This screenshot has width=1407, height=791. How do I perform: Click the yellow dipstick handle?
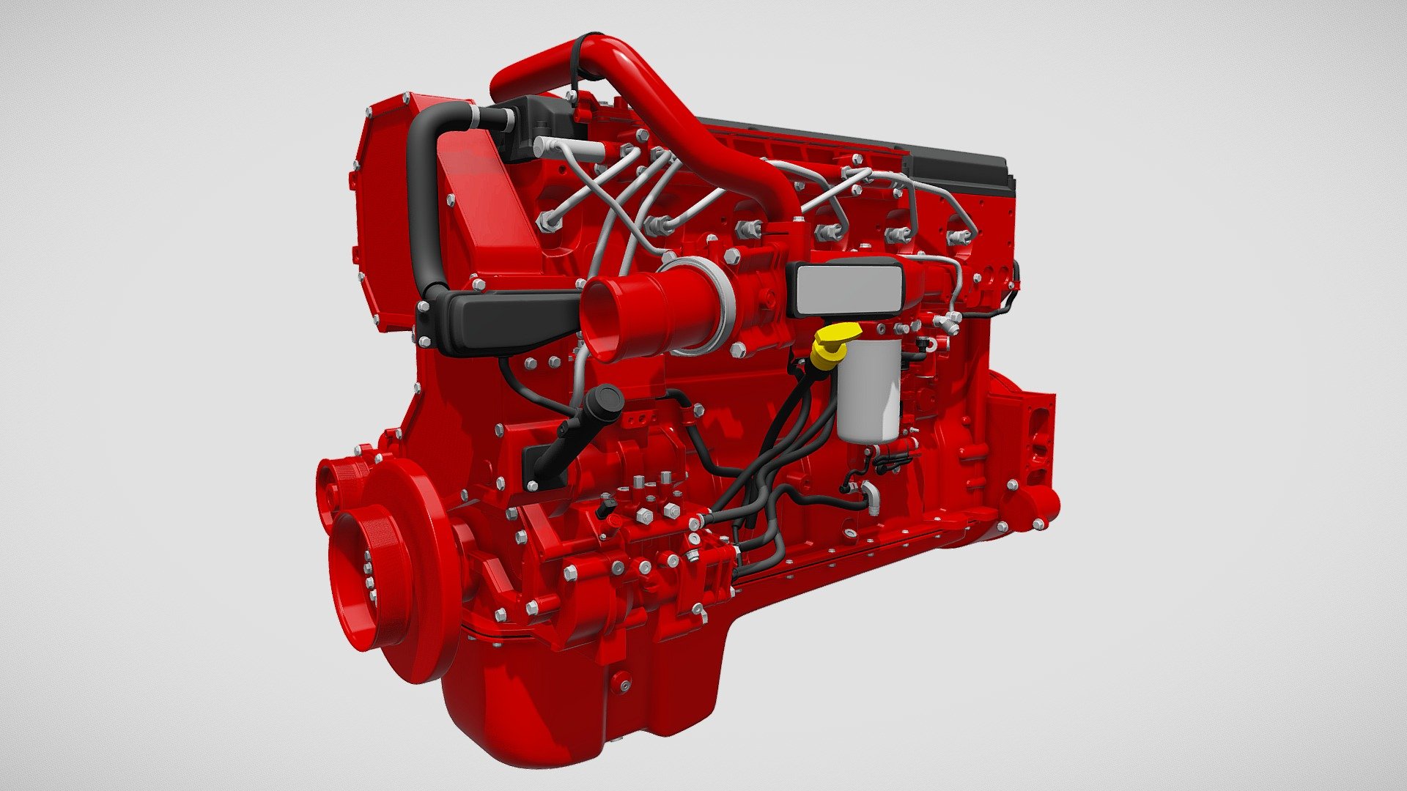(x=833, y=340)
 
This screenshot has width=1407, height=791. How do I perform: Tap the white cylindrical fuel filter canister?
(x=868, y=392)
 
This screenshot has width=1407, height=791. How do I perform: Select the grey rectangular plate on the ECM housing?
(x=848, y=291)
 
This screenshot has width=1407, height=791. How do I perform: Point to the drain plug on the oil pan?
(x=624, y=685)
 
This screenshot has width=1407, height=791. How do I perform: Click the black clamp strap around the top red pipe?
(x=577, y=62)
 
